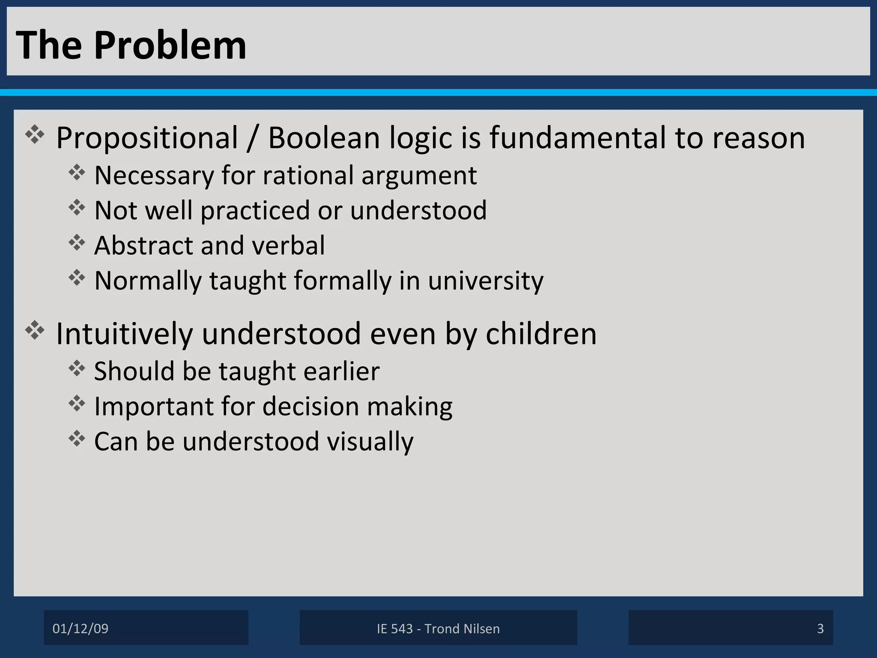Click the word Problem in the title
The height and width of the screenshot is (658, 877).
170,45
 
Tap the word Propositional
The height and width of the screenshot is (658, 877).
147,138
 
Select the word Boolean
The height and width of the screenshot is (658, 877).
324,138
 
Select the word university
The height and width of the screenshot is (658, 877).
485,281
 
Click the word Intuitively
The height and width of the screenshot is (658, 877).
124,334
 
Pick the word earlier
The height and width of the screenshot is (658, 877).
341,371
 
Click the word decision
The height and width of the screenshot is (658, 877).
310,406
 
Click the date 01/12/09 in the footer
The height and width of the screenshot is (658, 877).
81,628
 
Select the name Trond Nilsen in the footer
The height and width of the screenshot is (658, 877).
462,628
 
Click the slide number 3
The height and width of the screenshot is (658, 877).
820,628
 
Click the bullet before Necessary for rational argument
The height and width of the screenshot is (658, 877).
77,173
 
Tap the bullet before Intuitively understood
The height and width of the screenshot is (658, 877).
35,330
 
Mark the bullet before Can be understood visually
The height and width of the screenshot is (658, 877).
77,439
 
